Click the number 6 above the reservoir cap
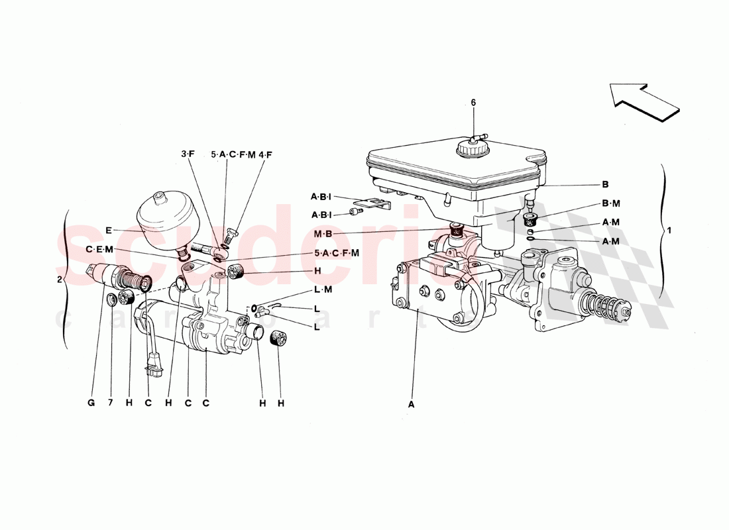473,103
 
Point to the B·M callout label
610,205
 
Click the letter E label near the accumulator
109,231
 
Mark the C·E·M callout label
99,249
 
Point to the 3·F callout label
188,154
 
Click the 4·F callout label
266,154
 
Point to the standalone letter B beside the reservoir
605,185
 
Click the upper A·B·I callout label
322,196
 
